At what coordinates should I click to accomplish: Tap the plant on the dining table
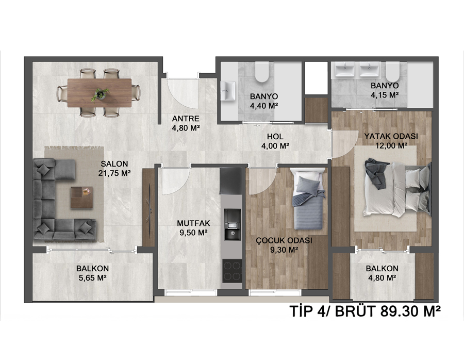[x=100, y=94]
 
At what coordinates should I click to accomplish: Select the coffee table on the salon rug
[x=81, y=198]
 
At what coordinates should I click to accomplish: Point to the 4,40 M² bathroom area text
[x=263, y=106]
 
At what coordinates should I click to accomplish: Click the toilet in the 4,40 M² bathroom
[x=262, y=72]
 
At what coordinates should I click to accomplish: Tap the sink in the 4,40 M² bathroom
[x=228, y=91]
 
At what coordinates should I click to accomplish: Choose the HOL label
[x=275, y=137]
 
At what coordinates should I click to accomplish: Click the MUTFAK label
[x=193, y=223]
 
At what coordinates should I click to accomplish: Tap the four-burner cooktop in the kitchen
[x=233, y=270]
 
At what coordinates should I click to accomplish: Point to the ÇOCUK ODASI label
[x=284, y=240]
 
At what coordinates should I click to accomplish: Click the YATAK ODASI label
[x=391, y=137]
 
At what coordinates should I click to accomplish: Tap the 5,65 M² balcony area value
[x=93, y=278]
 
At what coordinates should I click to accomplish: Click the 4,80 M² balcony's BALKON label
[x=382, y=268]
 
